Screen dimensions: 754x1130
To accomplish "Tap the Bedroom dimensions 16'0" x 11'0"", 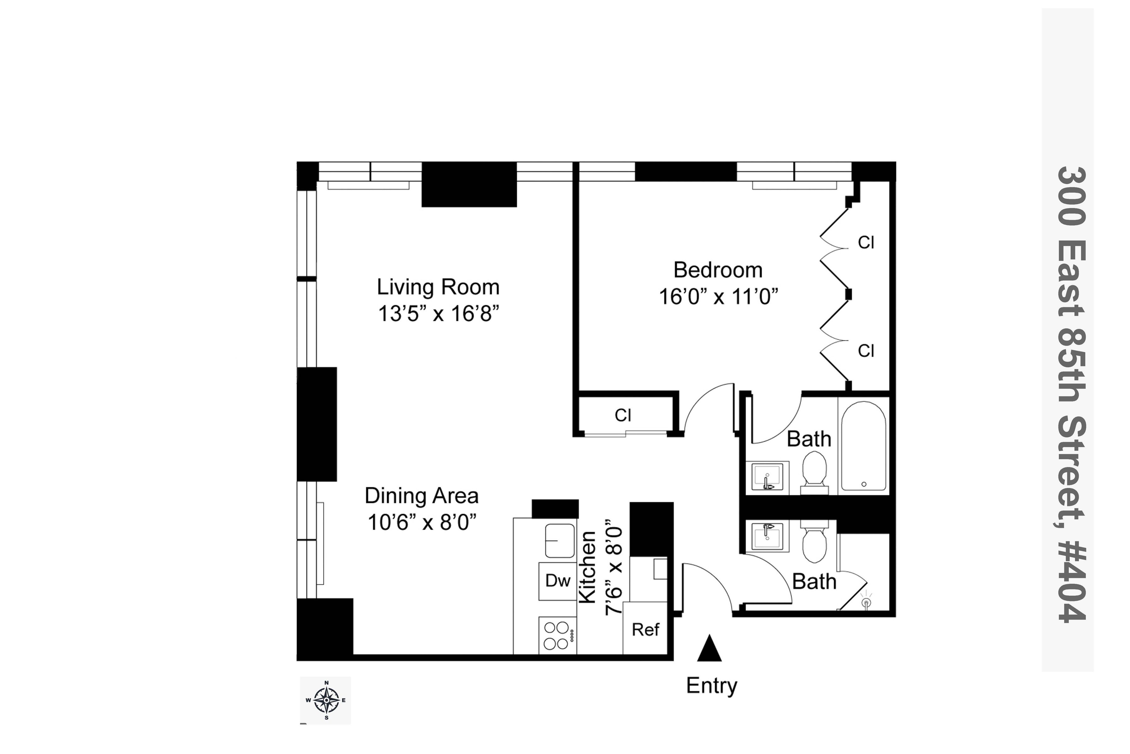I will pos(718,297).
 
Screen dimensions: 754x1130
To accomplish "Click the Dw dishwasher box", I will pos(557,581).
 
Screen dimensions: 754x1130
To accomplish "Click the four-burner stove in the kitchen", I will pos(557,636).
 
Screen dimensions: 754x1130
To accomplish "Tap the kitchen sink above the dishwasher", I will pos(560,541).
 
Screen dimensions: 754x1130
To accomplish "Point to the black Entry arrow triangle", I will pos(709,649).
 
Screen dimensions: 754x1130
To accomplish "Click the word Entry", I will pos(711,686).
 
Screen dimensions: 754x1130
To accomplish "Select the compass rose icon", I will pos(326,700).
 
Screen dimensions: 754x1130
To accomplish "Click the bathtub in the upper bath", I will pos(864,446).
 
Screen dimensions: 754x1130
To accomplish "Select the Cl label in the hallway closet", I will pos(623,415).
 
